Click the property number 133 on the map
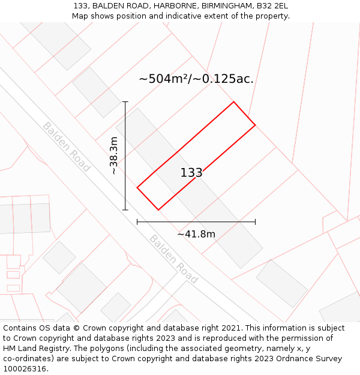[x=191, y=173]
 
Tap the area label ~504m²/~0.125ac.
[x=196, y=79]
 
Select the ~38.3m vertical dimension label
[x=114, y=155]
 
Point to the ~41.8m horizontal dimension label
[x=196, y=234]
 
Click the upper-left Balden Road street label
[x=66, y=146]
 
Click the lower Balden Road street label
[x=173, y=259]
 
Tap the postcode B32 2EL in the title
[x=272, y=5]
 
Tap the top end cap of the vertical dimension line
[x=125, y=102]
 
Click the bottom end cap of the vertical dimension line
[x=125, y=210]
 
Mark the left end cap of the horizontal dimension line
[x=137, y=222]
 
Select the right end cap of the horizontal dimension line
[x=255, y=222]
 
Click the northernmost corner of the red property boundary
[x=233, y=102]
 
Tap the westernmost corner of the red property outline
[x=137, y=188]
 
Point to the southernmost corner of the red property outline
[x=158, y=210]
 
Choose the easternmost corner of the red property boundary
[x=255, y=125]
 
